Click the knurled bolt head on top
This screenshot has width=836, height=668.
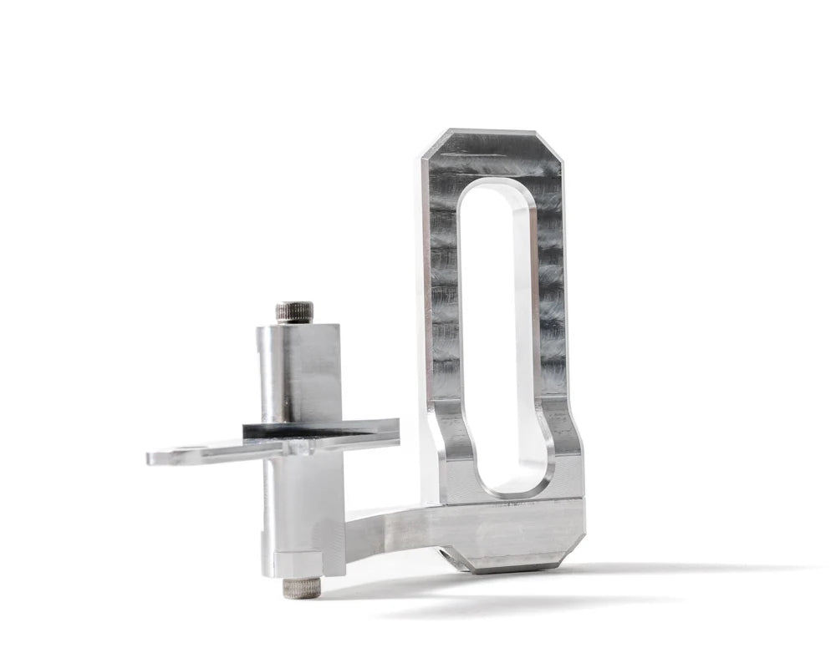[x=294, y=312]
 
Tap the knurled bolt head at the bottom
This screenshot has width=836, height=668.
[x=302, y=588]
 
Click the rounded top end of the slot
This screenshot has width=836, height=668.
[x=495, y=190]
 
